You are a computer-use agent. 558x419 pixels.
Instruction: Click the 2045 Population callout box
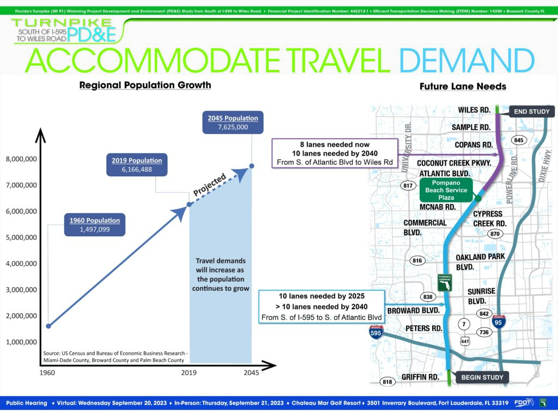tap(233, 123)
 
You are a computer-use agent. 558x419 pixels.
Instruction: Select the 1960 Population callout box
tap(95, 225)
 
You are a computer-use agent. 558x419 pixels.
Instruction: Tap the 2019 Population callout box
tap(137, 165)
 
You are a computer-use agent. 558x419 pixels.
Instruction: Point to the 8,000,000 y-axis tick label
tap(21, 159)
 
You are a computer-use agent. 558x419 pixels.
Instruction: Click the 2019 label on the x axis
tap(189, 373)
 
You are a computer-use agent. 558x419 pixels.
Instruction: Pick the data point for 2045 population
tap(252, 166)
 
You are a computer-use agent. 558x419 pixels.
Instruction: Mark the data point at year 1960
tap(48, 326)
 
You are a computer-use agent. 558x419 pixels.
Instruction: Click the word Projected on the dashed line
tap(209, 185)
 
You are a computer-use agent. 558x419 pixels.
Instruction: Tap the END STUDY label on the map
tap(532, 111)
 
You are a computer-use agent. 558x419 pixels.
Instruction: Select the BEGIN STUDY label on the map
tap(482, 378)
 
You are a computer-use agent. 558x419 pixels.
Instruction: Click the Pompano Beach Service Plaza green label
tap(446, 190)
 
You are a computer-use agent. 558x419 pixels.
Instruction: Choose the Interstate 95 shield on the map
tap(498, 322)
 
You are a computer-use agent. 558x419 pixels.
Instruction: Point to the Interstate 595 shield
tap(375, 332)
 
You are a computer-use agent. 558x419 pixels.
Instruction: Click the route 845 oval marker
tap(519, 140)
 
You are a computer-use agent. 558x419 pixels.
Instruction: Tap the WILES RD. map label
tap(474, 110)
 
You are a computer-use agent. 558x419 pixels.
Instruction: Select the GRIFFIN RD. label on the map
tap(420, 377)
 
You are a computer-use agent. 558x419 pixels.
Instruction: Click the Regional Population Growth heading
tap(145, 85)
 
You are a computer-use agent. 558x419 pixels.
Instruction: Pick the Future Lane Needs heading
tap(463, 86)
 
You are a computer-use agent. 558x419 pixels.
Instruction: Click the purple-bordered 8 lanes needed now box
tap(335, 153)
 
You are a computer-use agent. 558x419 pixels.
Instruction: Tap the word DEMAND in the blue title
tap(467, 60)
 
